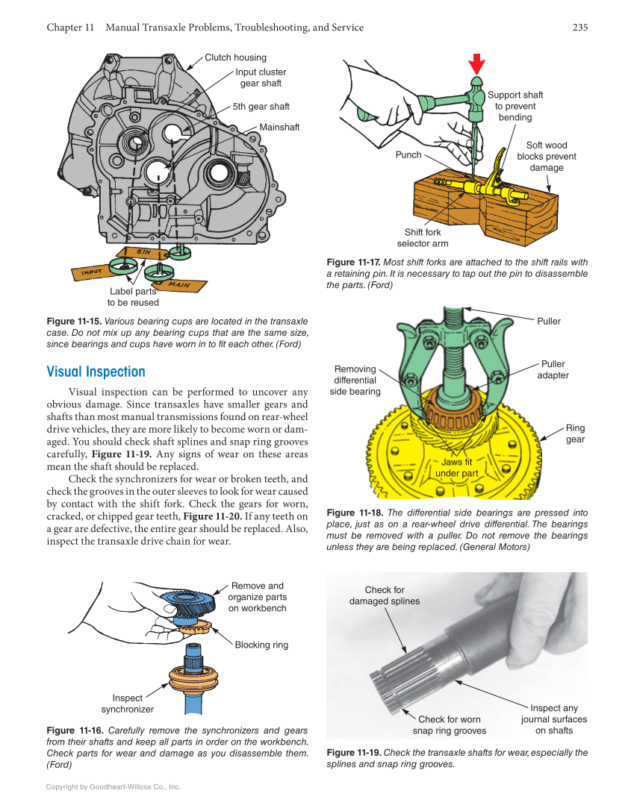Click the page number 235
pos(579,28)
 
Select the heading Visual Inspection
pos(96,372)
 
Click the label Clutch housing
pos(235,57)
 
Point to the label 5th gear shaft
pos(261,107)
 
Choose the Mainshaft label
pos(279,128)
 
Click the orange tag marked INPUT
pos(91,273)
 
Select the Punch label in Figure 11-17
pos(408,155)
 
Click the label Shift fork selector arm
pos(423,238)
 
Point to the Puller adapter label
pos(553,369)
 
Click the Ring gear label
pos(575,433)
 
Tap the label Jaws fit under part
pos(456,468)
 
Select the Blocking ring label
pos(261,645)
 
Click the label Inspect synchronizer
pos(128,704)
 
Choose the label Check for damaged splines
pos(385,595)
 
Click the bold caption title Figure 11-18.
pos(355,513)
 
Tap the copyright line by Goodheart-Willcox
pos(114,786)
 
